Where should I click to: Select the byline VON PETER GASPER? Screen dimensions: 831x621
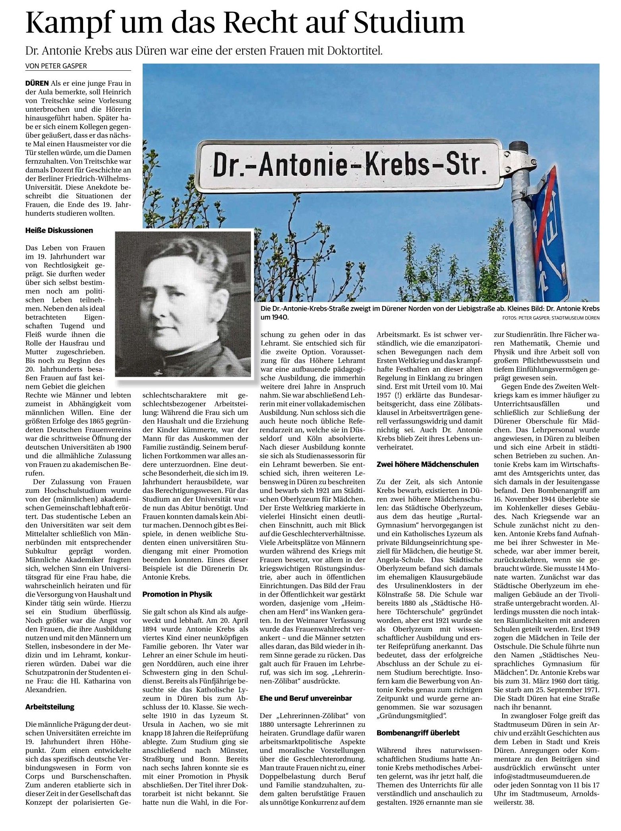tap(56, 66)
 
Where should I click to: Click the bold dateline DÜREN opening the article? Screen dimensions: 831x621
tap(37, 83)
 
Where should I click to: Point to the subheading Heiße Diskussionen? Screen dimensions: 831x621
tap(59, 230)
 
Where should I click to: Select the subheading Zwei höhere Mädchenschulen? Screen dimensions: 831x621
tap(428, 464)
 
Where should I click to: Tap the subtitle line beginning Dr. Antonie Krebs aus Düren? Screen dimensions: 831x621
tap(204, 51)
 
